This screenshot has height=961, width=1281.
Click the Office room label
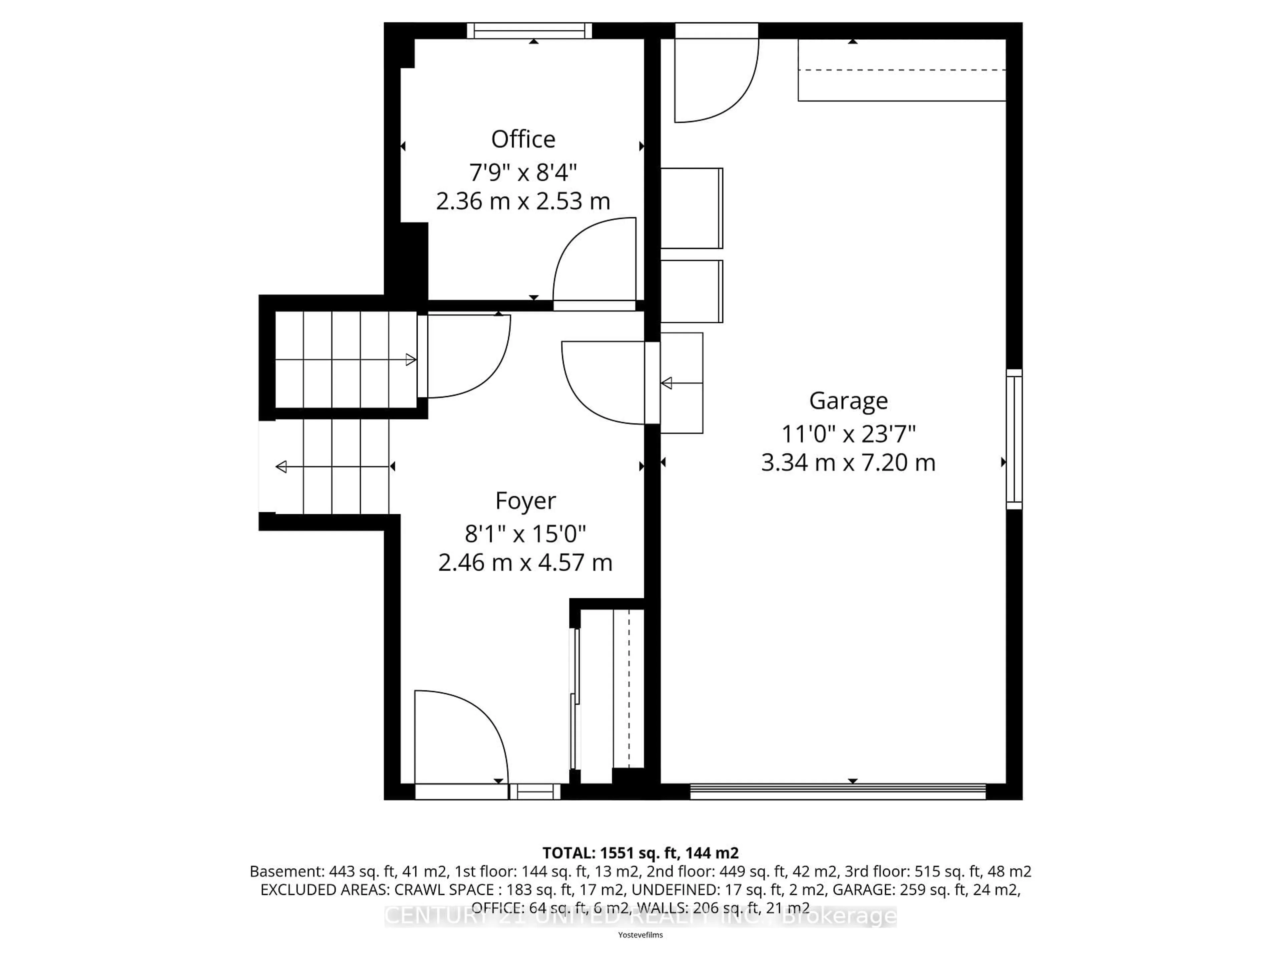point(523,139)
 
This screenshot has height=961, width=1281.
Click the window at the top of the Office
point(529,31)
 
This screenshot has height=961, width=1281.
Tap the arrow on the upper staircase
point(410,360)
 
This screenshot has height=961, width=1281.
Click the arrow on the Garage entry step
point(667,383)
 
